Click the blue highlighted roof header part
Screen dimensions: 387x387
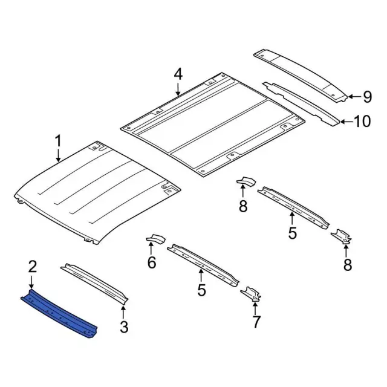click(60, 312)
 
